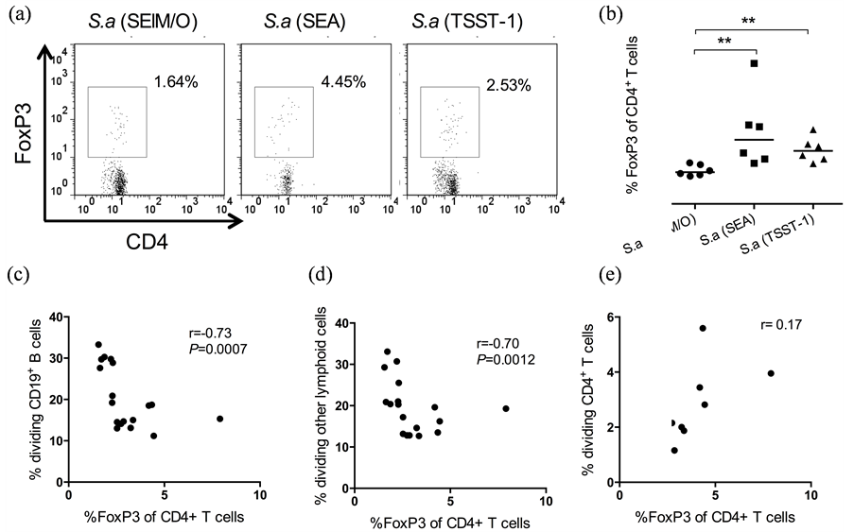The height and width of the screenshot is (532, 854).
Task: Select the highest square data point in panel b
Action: pyautogui.click(x=755, y=64)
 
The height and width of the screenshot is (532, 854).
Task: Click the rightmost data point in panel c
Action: pyautogui.click(x=219, y=419)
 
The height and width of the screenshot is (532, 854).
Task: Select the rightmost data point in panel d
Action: pyautogui.click(x=506, y=408)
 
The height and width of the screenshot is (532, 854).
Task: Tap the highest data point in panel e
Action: pyautogui.click(x=703, y=328)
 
